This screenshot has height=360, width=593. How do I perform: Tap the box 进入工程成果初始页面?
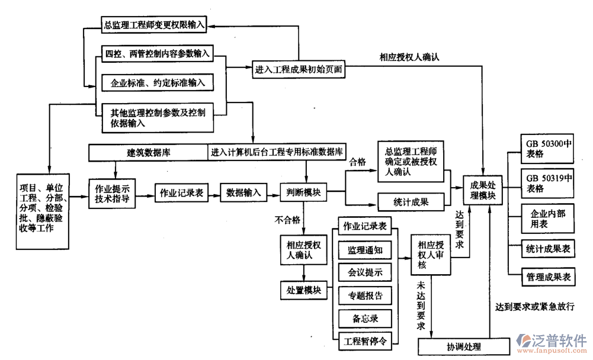click(299, 69)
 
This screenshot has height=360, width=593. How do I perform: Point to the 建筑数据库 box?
click(149, 152)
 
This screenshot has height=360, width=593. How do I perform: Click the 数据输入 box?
click(243, 192)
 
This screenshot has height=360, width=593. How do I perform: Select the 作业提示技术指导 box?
click(113, 193)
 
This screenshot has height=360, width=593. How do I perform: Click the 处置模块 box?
click(303, 290)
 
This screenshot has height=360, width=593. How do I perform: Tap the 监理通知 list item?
click(365, 250)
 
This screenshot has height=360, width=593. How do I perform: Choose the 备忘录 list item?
click(365, 319)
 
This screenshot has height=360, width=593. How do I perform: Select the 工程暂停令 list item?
click(365, 341)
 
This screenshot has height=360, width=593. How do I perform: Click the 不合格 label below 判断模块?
click(287, 220)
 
